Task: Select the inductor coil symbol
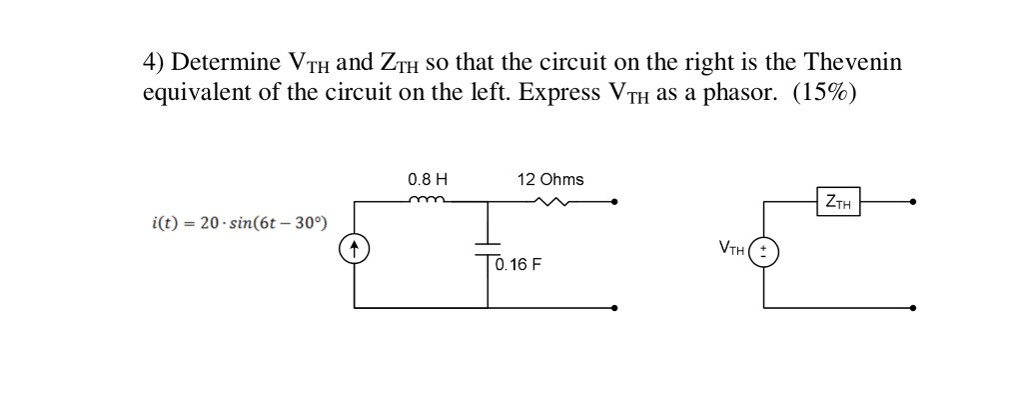pos(427,200)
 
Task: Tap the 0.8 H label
pos(428,180)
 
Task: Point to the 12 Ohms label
pos(550,180)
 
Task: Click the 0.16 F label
pos(517,266)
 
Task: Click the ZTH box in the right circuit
pos(839,202)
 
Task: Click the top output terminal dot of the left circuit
pos(614,202)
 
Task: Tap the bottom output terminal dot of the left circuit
pos(614,308)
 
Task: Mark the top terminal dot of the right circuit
pos(913,202)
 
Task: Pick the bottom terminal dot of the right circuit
pos(913,308)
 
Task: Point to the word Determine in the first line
pos(226,63)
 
